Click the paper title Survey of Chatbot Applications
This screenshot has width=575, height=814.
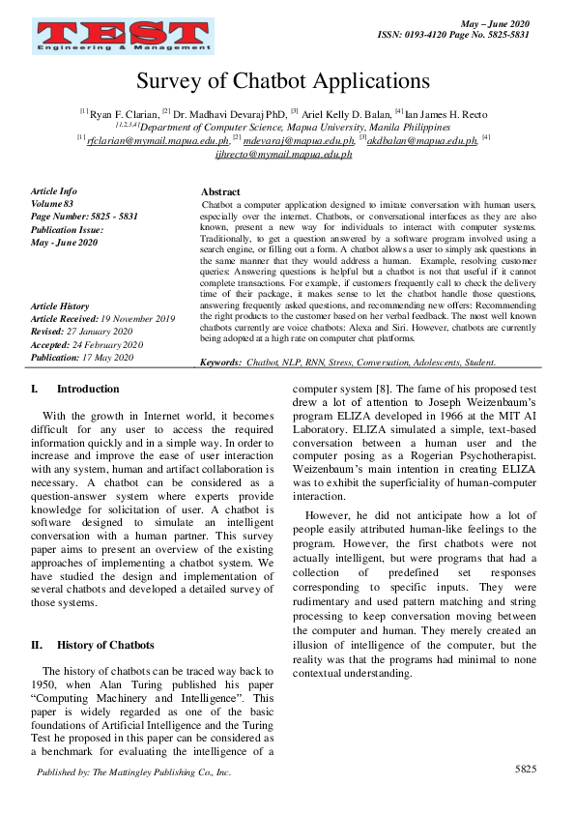[282, 81]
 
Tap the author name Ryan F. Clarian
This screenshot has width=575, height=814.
[124, 113]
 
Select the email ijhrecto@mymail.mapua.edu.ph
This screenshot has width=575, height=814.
[282, 154]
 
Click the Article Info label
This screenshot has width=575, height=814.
[54, 191]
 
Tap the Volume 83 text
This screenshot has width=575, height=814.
[52, 204]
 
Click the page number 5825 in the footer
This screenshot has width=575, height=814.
[526, 769]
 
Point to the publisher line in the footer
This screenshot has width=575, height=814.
[133, 772]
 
